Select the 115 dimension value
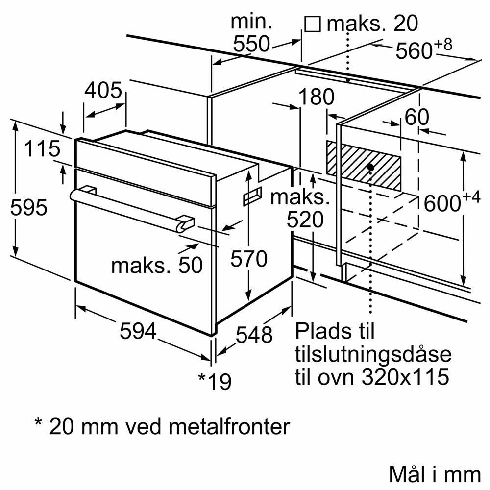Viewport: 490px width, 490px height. [43, 149]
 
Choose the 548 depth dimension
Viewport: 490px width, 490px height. [254, 335]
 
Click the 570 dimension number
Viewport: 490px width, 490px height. [249, 259]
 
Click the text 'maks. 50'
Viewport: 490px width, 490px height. [157, 265]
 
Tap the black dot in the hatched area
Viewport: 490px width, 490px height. [370, 168]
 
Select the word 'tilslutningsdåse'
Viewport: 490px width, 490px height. [372, 354]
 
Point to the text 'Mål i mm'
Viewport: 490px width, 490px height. [435, 474]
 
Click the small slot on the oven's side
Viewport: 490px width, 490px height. [251, 196]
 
